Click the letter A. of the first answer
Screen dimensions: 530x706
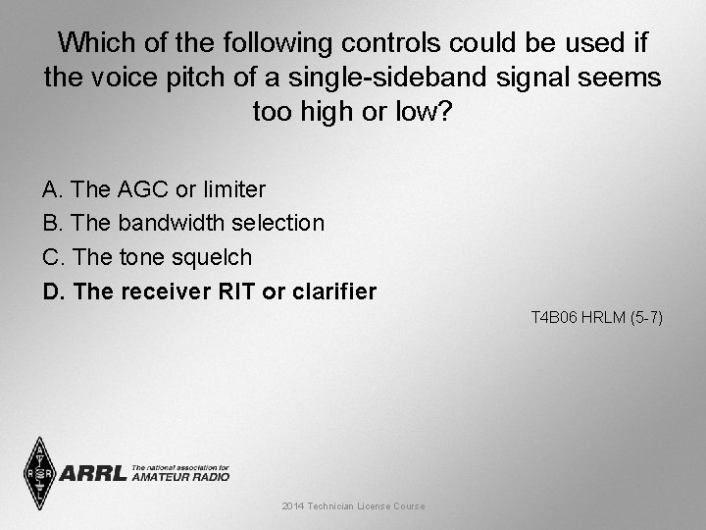coord(53,187)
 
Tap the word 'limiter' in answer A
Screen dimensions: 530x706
coord(231,187)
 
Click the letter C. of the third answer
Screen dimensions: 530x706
coord(54,257)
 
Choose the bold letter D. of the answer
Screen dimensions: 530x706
coord(54,291)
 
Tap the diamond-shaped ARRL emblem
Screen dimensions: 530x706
coord(40,473)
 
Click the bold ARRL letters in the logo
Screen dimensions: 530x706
coord(94,474)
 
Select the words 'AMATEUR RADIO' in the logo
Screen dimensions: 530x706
coord(180,477)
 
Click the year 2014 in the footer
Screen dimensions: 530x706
coord(293,505)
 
